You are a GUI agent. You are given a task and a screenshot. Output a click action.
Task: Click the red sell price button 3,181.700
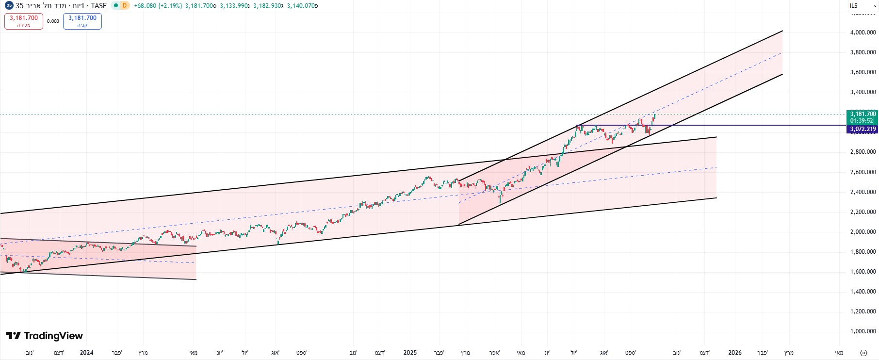tap(24, 21)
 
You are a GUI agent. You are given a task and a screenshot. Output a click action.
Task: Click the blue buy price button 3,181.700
tap(82, 21)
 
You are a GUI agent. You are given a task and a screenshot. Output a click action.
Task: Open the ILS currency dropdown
tap(863, 6)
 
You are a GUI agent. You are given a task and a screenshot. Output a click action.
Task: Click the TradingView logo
tap(45, 336)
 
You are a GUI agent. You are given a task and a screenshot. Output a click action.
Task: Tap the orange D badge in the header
tap(125, 6)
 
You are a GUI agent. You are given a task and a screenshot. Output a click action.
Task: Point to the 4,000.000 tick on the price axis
tap(863, 33)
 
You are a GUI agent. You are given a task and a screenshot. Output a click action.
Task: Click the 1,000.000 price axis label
tap(863, 331)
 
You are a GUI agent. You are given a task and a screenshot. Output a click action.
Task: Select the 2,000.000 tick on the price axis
tap(863, 232)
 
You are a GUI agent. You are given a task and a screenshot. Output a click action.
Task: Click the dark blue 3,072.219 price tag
tap(862, 129)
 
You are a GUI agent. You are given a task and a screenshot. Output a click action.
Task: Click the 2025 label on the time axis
tap(410, 353)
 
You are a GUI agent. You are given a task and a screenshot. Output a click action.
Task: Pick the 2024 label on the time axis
tap(86, 353)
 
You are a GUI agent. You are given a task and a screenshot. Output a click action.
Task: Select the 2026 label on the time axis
tap(734, 353)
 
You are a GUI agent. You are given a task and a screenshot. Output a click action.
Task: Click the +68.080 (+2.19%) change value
tap(158, 6)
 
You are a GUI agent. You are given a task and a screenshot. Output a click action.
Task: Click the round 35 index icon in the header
tap(9, 6)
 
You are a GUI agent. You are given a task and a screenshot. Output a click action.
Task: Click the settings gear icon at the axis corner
tap(863, 353)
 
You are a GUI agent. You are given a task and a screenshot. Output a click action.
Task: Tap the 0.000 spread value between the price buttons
tap(53, 21)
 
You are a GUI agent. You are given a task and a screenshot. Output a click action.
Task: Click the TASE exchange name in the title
tap(98, 6)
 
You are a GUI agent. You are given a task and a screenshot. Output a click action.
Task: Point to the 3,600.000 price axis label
tap(863, 72)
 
